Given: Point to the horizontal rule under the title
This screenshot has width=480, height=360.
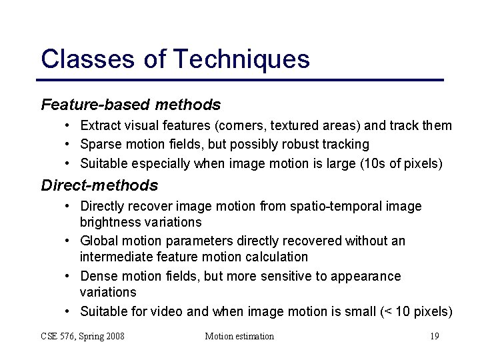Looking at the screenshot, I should coord(242,80).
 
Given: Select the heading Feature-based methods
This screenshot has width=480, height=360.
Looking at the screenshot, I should coord(131,105).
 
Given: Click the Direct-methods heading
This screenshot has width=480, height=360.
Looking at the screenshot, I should coord(99,185).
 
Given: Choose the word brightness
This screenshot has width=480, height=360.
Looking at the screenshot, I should coord(111,222).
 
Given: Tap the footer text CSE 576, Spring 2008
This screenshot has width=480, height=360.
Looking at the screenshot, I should coord(83,336).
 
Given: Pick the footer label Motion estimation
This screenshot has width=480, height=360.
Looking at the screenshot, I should coord(239,336).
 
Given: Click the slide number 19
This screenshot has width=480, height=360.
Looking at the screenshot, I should coord(434,336).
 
